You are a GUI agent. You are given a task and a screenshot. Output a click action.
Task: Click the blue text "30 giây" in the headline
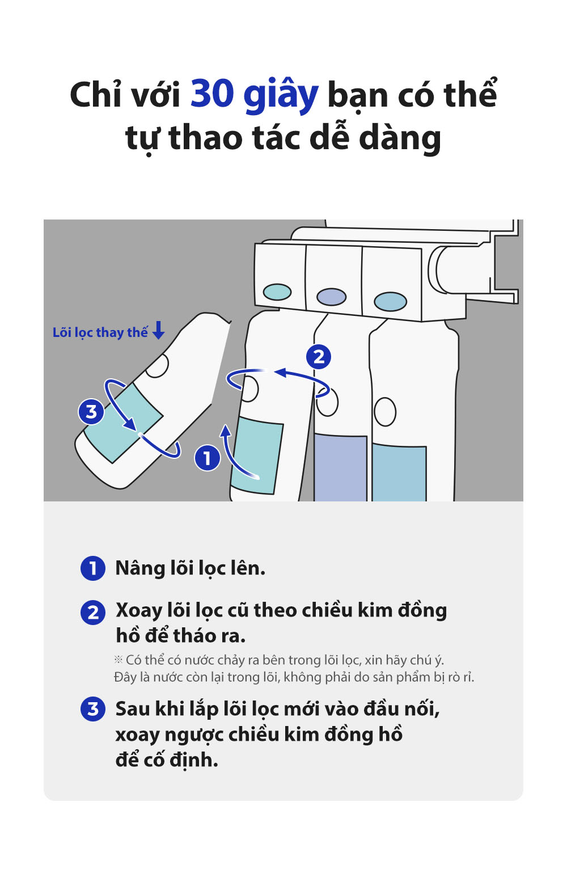253,94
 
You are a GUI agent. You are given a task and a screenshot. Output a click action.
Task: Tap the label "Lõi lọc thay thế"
100,332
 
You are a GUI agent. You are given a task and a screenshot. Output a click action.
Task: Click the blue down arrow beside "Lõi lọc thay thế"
159,330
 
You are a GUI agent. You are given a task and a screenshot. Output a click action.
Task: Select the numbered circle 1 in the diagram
207,458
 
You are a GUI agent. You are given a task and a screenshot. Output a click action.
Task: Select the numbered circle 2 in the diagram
319,357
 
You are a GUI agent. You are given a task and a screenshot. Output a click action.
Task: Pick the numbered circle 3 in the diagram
91,412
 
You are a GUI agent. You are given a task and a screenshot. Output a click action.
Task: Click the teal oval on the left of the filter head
277,292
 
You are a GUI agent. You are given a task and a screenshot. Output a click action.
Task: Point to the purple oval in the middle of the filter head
331,297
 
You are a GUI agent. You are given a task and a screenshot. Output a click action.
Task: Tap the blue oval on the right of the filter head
391,302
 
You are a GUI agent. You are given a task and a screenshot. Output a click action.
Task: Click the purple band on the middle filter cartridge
340,468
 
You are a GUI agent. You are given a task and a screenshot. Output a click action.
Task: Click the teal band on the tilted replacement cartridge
123,423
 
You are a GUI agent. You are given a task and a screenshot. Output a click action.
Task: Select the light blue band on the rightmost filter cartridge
399,474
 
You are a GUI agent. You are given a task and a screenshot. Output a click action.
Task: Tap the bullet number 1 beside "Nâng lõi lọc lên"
93,568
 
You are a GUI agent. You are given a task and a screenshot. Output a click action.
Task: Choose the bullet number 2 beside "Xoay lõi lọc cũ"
93,613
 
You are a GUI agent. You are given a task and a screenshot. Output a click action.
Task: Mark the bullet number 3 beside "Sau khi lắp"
93,709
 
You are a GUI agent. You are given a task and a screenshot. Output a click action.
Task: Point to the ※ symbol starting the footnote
119,660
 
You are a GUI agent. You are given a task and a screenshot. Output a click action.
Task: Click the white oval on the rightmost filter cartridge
385,412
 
